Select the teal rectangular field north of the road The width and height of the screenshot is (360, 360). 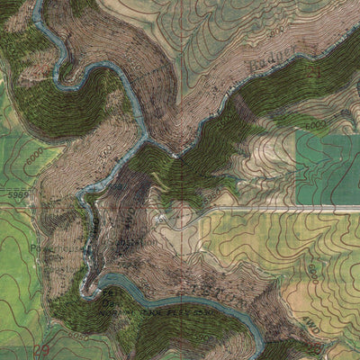328,166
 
